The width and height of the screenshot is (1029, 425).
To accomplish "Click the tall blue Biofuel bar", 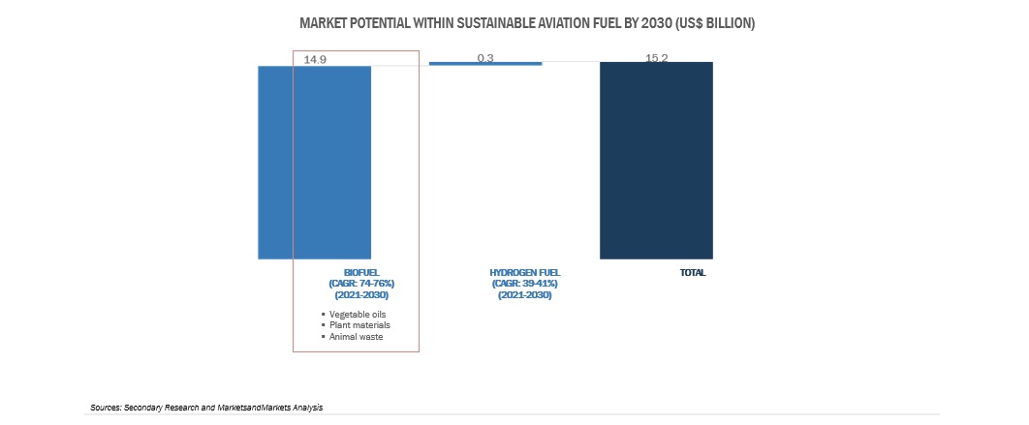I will click(314, 162).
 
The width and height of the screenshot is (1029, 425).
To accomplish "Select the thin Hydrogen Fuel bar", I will click(485, 64).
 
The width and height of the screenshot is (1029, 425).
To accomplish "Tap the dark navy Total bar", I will click(656, 161).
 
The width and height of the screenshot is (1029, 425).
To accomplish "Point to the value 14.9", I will click(315, 59).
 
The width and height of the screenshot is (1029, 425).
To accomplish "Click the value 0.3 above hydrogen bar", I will click(485, 58).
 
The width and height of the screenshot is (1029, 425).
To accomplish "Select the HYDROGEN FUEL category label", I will click(525, 273).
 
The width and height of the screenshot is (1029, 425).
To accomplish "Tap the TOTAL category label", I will click(693, 273).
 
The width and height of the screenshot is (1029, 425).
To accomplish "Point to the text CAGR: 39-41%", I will click(525, 284).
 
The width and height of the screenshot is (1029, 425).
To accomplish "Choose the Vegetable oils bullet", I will click(358, 315).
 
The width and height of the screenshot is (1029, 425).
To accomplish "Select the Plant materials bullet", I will click(359, 325).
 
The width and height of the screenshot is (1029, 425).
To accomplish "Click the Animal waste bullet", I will click(357, 337).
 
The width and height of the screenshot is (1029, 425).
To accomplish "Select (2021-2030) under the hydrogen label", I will click(525, 294).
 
